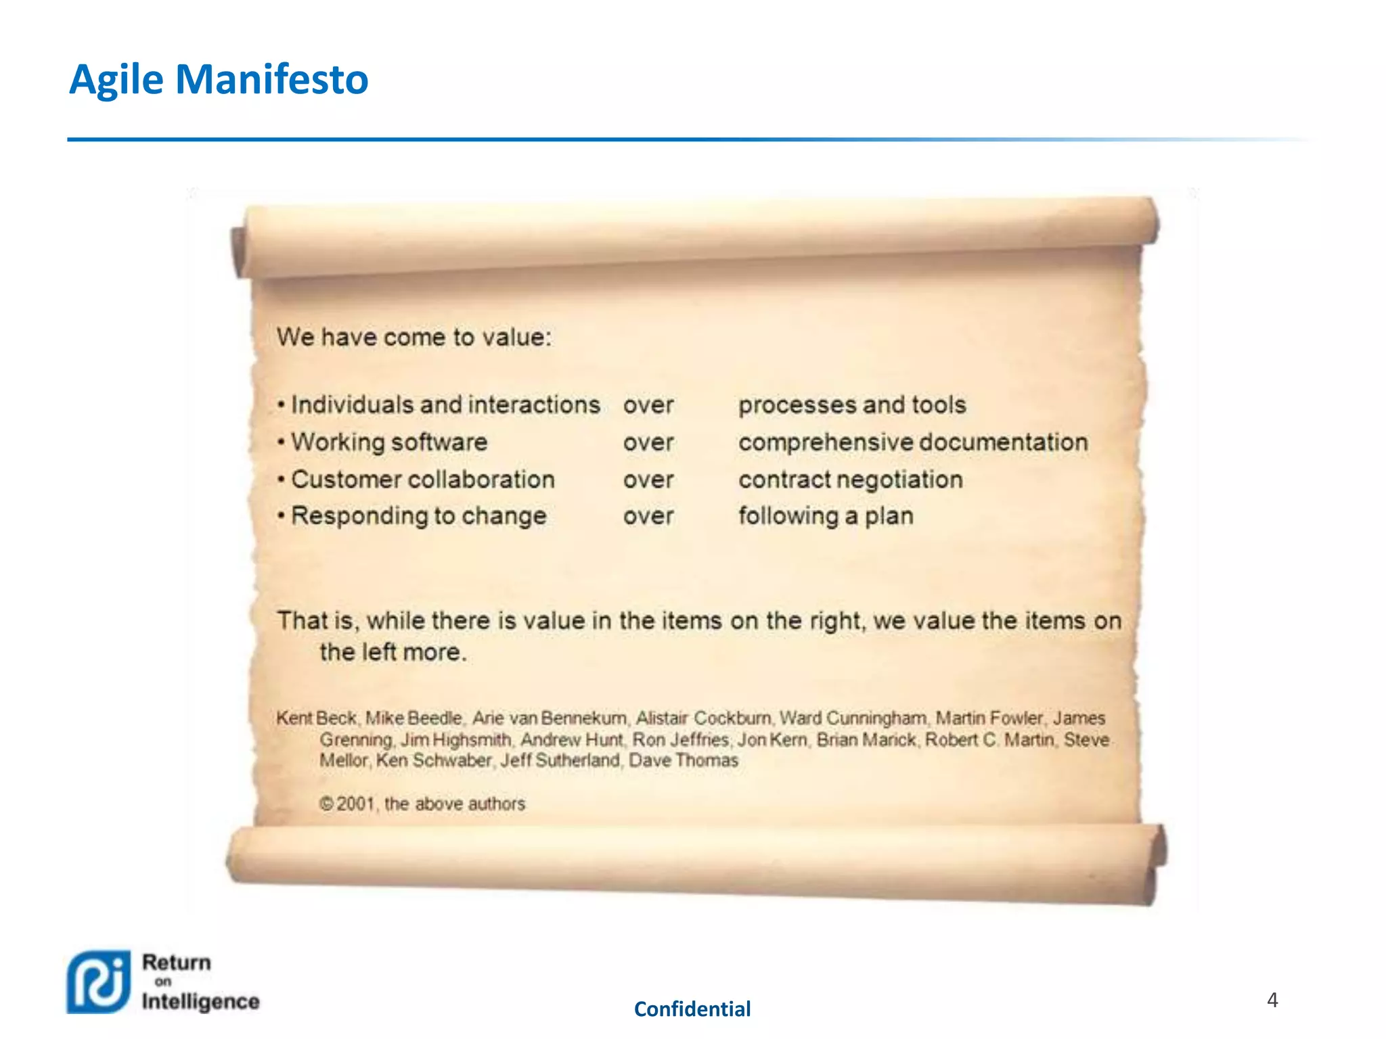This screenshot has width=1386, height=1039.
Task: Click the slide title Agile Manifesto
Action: pyautogui.click(x=219, y=79)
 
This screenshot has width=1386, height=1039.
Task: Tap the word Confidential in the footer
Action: pyautogui.click(x=692, y=1009)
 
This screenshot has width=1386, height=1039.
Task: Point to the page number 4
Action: pyautogui.click(x=1272, y=1000)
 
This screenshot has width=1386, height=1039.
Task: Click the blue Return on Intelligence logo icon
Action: pyautogui.click(x=98, y=982)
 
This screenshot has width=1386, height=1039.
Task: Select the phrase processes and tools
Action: pyautogui.click(x=852, y=405)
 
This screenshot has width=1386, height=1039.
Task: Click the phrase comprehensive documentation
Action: pyautogui.click(x=913, y=442)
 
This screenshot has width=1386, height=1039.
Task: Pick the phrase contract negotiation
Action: pyautogui.click(x=850, y=479)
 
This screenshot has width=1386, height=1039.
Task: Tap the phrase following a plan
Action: pyautogui.click(x=826, y=515)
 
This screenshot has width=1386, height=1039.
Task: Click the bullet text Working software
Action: pyautogui.click(x=389, y=442)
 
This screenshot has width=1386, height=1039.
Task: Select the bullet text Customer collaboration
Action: pyautogui.click(x=423, y=479)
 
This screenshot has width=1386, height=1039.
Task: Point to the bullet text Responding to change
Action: pyautogui.click(x=418, y=515)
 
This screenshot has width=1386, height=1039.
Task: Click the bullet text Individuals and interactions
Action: pyautogui.click(x=445, y=405)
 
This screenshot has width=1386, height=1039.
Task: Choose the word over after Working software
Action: pyautogui.click(x=648, y=442)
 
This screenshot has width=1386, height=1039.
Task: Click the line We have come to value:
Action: pyautogui.click(x=414, y=337)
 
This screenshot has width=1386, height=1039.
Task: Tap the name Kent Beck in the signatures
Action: pyautogui.click(x=316, y=718)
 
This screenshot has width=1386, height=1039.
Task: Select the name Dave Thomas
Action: pyautogui.click(x=684, y=760)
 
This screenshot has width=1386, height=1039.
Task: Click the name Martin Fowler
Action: pyautogui.click(x=989, y=718)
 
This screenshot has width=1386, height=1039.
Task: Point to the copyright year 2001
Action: pyautogui.click(x=355, y=804)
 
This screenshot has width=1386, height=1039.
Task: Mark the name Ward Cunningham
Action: pyautogui.click(x=853, y=718)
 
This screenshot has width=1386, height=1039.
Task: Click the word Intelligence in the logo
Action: pyautogui.click(x=200, y=1001)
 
